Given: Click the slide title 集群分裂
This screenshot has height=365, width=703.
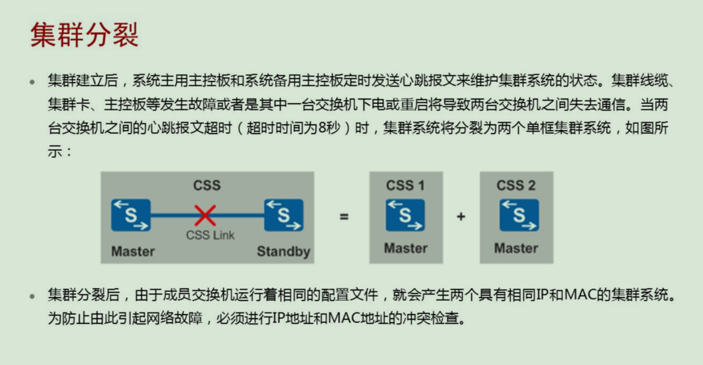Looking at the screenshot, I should tap(85, 35).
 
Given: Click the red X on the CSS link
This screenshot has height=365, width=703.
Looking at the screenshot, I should tap(205, 216).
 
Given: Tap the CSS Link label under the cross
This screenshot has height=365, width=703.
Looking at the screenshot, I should tap(210, 235).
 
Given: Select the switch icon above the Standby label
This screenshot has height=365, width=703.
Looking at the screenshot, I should tap(284, 215).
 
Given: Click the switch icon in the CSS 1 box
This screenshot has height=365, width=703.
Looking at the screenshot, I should tap(405, 215).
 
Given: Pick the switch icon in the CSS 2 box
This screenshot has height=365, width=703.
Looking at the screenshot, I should tap(519, 215).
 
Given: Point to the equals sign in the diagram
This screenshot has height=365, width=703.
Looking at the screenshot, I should tap(344, 217).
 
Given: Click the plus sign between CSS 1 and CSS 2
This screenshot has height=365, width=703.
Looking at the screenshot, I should tap(461, 217).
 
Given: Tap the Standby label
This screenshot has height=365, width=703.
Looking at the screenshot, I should tap(284, 251).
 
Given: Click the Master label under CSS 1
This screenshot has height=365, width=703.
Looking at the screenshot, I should tap(406, 248).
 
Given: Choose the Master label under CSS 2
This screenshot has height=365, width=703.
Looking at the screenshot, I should tap(516, 248).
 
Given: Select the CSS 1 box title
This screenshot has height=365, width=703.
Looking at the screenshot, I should tap(405, 185).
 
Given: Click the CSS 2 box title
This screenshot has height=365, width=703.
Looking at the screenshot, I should tap(516, 185).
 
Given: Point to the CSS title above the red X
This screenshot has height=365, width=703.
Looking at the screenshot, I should tap(207, 185).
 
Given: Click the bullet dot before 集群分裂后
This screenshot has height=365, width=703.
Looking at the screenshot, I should tap(32, 296).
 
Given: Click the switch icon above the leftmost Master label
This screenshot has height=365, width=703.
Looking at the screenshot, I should tap(131, 215).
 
